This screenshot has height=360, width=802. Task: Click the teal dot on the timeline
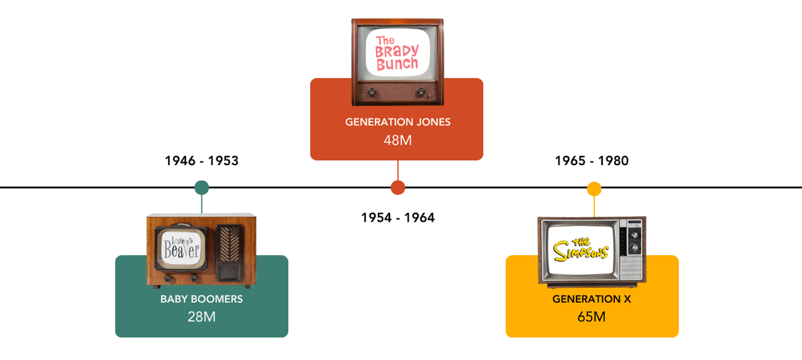tap(202, 188)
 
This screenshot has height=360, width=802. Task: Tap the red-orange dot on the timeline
tap(398, 188)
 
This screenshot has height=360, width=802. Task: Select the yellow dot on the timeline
tap(594, 189)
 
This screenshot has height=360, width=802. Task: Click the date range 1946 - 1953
tap(202, 161)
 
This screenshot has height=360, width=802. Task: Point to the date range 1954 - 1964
tap(398, 217)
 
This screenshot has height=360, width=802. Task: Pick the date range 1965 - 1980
tap(592, 161)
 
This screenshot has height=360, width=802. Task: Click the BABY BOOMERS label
tap(202, 299)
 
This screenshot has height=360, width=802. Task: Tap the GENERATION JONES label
tap(398, 122)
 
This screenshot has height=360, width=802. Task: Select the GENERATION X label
tap(592, 299)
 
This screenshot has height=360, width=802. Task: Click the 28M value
tap(202, 317)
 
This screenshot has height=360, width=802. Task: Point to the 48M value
tap(398, 140)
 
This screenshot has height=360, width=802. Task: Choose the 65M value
tap(592, 317)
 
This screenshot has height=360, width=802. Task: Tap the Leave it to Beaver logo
tap(181, 248)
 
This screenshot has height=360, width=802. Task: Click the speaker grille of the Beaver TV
tap(230, 244)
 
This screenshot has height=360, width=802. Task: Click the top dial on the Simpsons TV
tap(634, 234)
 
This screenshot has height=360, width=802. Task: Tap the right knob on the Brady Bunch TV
tap(421, 93)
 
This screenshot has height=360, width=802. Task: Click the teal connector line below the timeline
tap(202, 204)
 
